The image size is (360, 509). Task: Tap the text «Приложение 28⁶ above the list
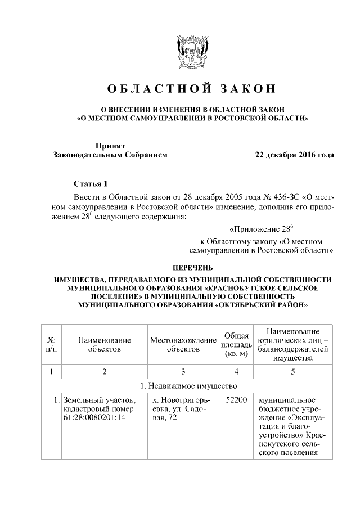coord(262,229)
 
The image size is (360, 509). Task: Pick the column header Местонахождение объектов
coord(183,344)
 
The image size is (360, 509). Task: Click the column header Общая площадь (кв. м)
coord(236,344)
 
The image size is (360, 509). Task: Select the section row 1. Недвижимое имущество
coord(188,386)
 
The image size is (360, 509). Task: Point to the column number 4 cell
coord(236,371)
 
